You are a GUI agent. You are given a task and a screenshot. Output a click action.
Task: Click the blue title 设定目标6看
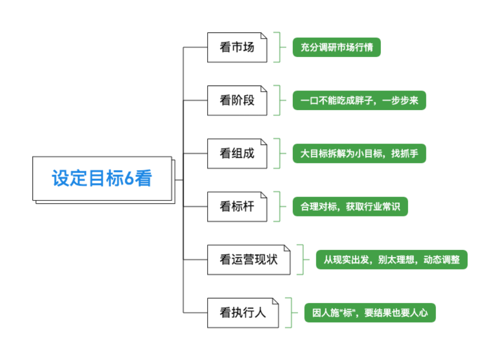[x=102, y=178]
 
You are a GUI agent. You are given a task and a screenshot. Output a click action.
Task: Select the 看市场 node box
[x=237, y=47]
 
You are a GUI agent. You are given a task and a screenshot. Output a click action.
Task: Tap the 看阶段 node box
[x=237, y=100]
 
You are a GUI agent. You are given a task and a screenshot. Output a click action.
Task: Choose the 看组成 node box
[x=237, y=153]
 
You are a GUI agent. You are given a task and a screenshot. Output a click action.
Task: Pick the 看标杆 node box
[x=237, y=206]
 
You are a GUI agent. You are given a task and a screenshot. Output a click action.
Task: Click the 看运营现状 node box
[x=249, y=259]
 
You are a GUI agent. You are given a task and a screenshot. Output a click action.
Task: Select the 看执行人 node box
[x=243, y=313]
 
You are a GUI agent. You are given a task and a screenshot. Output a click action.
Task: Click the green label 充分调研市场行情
[x=336, y=47]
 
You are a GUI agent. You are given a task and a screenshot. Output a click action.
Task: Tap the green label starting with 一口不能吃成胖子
[x=359, y=100]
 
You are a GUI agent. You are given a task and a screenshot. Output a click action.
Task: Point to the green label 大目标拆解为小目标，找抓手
[x=359, y=153]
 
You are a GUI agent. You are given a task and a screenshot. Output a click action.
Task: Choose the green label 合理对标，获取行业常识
[x=350, y=206]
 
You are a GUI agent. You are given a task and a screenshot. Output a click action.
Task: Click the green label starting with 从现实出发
[x=391, y=259]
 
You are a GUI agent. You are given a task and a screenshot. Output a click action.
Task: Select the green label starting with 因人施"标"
[x=370, y=313]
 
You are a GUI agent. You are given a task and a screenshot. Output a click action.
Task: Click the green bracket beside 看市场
[x=277, y=47]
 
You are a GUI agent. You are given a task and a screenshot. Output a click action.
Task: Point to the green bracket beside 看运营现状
[x=300, y=259]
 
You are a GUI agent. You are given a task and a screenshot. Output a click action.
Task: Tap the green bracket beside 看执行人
[x=289, y=313]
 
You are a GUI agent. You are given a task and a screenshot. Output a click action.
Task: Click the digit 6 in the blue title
[x=128, y=178]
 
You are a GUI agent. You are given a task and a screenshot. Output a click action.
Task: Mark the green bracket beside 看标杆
[x=277, y=206]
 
